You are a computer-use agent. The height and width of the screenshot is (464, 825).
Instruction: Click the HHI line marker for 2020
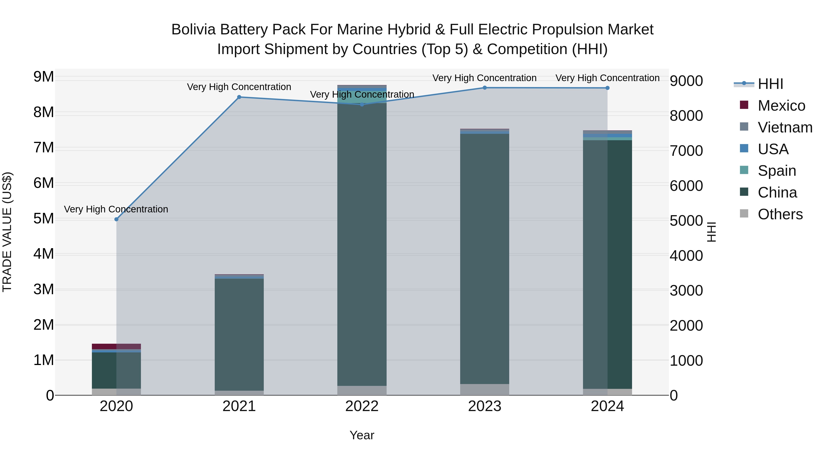[x=116, y=219]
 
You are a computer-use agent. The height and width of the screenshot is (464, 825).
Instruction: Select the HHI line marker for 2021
[x=239, y=97]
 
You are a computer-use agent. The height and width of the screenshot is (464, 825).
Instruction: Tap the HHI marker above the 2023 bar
[x=484, y=88]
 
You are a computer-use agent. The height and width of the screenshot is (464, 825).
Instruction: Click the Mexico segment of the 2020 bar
[x=116, y=346]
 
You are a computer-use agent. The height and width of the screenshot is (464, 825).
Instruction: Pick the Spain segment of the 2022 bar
[x=362, y=97]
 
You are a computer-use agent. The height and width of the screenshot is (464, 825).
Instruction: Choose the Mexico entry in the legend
[x=781, y=106]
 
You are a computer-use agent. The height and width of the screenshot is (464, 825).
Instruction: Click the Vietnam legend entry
[x=785, y=127]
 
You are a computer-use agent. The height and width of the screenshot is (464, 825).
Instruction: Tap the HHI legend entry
[x=770, y=84]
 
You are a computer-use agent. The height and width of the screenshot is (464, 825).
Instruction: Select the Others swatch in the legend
[x=744, y=214]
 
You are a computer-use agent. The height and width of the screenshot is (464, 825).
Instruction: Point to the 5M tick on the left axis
[x=44, y=219]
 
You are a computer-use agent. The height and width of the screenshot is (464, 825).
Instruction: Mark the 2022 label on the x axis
[x=362, y=406]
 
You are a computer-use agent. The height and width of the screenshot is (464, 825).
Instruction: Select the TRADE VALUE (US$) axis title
[x=7, y=232]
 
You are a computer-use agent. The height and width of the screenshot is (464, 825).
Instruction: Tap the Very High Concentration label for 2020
[x=116, y=209]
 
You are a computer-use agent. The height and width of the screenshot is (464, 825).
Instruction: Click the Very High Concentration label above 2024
[x=607, y=78]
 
